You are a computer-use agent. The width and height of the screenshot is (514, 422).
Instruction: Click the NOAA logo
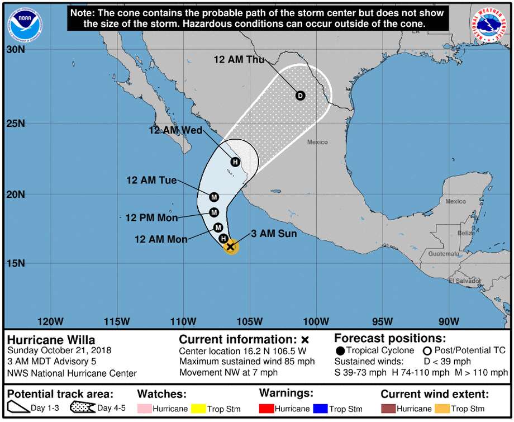click(x=25, y=24)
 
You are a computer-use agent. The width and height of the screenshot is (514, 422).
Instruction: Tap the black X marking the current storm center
click(x=230, y=246)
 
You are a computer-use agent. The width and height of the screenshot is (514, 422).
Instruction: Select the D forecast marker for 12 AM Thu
click(x=300, y=96)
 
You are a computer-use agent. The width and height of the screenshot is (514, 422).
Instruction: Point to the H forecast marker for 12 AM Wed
click(x=235, y=162)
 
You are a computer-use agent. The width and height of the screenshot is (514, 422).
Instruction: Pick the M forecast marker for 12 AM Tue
click(x=214, y=197)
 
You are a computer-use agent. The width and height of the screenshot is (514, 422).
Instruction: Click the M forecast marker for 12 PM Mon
click(x=214, y=212)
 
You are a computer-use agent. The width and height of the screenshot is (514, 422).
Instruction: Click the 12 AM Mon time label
click(x=161, y=239)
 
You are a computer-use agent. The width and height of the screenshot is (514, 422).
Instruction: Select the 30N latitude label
click(x=16, y=50)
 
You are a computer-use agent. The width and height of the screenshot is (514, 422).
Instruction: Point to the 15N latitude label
click(x=16, y=263)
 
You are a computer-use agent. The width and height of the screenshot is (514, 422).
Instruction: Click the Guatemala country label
click(x=443, y=254)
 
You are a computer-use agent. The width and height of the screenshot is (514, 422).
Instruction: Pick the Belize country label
click(x=465, y=233)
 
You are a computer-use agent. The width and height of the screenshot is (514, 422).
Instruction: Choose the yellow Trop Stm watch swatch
click(x=198, y=409)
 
